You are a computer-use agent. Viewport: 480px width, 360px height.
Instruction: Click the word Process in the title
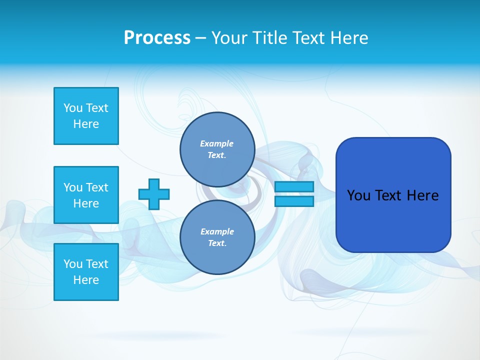coord(157,37)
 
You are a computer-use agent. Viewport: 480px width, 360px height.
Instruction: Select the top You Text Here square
coord(86,116)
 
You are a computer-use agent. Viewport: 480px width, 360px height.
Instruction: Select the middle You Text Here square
coord(86,195)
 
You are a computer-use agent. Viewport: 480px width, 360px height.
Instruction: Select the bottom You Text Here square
coord(86,272)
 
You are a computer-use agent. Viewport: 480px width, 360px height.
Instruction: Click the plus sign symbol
coord(154,194)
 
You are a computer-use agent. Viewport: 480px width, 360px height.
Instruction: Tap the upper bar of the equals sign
coord(294,186)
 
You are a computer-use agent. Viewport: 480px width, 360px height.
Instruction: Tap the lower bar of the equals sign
coord(294,201)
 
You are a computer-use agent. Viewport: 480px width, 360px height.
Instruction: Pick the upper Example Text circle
coord(217,149)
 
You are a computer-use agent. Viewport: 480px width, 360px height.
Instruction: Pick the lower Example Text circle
coord(217,237)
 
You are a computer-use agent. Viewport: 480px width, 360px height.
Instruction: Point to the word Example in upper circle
coord(216,143)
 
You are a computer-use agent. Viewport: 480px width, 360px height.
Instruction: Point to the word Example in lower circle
coord(217,231)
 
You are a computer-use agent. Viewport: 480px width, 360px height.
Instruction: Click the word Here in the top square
coord(86,124)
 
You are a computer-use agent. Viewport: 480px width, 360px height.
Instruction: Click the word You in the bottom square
coord(73,264)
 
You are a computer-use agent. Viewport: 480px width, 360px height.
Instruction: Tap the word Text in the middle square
coord(97,187)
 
